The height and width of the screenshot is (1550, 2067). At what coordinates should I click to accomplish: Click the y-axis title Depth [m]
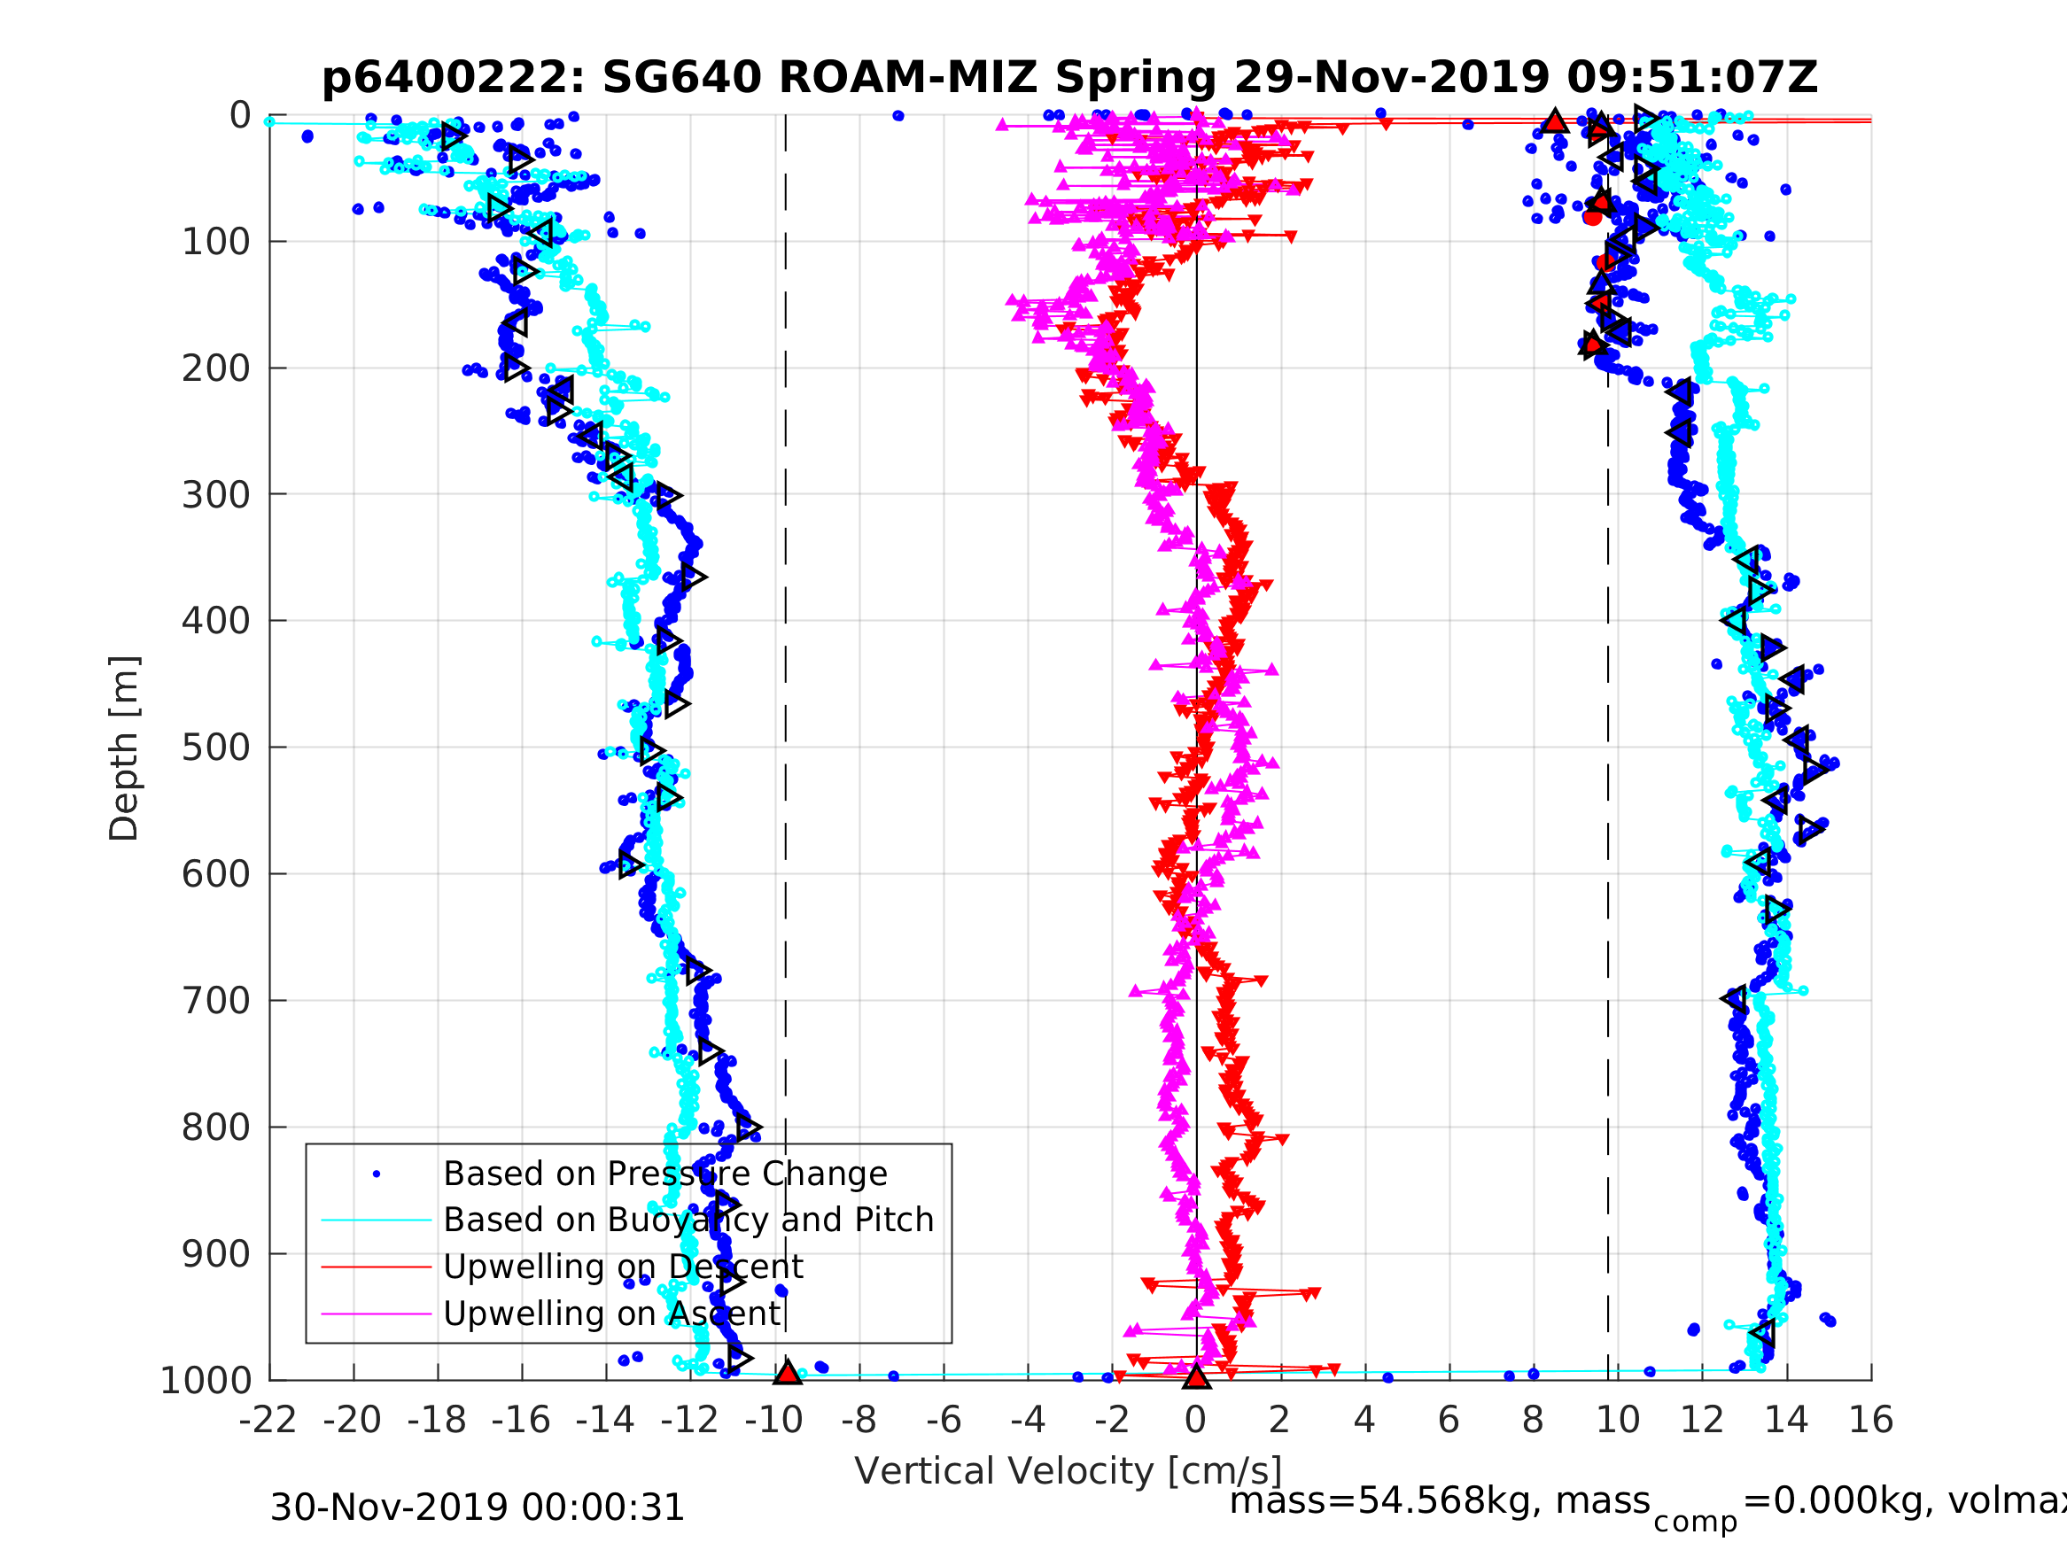[x=124, y=748]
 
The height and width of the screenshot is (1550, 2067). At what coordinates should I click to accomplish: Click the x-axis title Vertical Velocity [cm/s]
[x=1068, y=1470]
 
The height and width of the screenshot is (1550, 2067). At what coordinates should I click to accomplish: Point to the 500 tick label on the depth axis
[x=216, y=748]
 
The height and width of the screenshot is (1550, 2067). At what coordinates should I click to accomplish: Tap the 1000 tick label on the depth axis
[x=206, y=1381]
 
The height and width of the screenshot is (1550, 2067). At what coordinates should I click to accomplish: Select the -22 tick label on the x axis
[x=268, y=1420]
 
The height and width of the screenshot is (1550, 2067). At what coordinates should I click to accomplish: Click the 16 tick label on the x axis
[x=1871, y=1420]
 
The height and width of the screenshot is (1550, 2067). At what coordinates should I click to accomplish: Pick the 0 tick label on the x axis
[x=1195, y=1420]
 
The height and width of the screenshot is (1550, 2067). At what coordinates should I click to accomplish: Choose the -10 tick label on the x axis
[x=773, y=1420]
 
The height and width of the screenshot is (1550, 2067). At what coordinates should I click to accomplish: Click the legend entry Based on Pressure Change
[x=664, y=1174]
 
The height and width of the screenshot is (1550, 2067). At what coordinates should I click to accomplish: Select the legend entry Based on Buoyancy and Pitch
[x=688, y=1221]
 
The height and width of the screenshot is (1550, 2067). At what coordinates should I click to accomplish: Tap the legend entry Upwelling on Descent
[x=622, y=1267]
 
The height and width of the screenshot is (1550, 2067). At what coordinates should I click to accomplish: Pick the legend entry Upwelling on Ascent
[x=611, y=1314]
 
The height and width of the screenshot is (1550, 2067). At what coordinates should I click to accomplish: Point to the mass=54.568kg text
[x=1440, y=1501]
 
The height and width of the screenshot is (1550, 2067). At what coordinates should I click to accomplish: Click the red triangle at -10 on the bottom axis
[x=787, y=1373]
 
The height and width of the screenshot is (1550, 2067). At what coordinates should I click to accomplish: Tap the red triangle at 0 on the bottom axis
[x=1196, y=1376]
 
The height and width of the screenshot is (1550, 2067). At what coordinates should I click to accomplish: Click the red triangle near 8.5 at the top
[x=1554, y=121]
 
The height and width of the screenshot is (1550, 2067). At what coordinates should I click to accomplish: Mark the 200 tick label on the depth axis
[x=216, y=369]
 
